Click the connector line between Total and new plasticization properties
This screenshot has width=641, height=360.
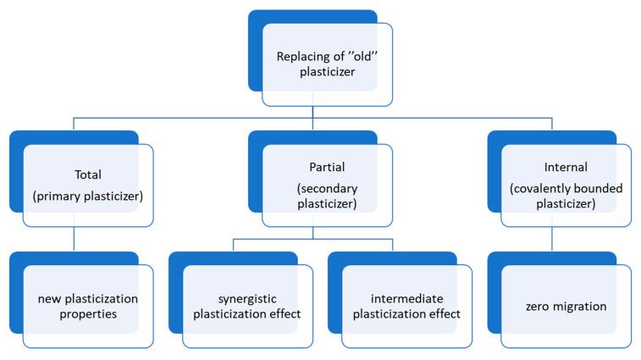75,240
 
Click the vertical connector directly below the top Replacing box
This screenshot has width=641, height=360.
313,112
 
